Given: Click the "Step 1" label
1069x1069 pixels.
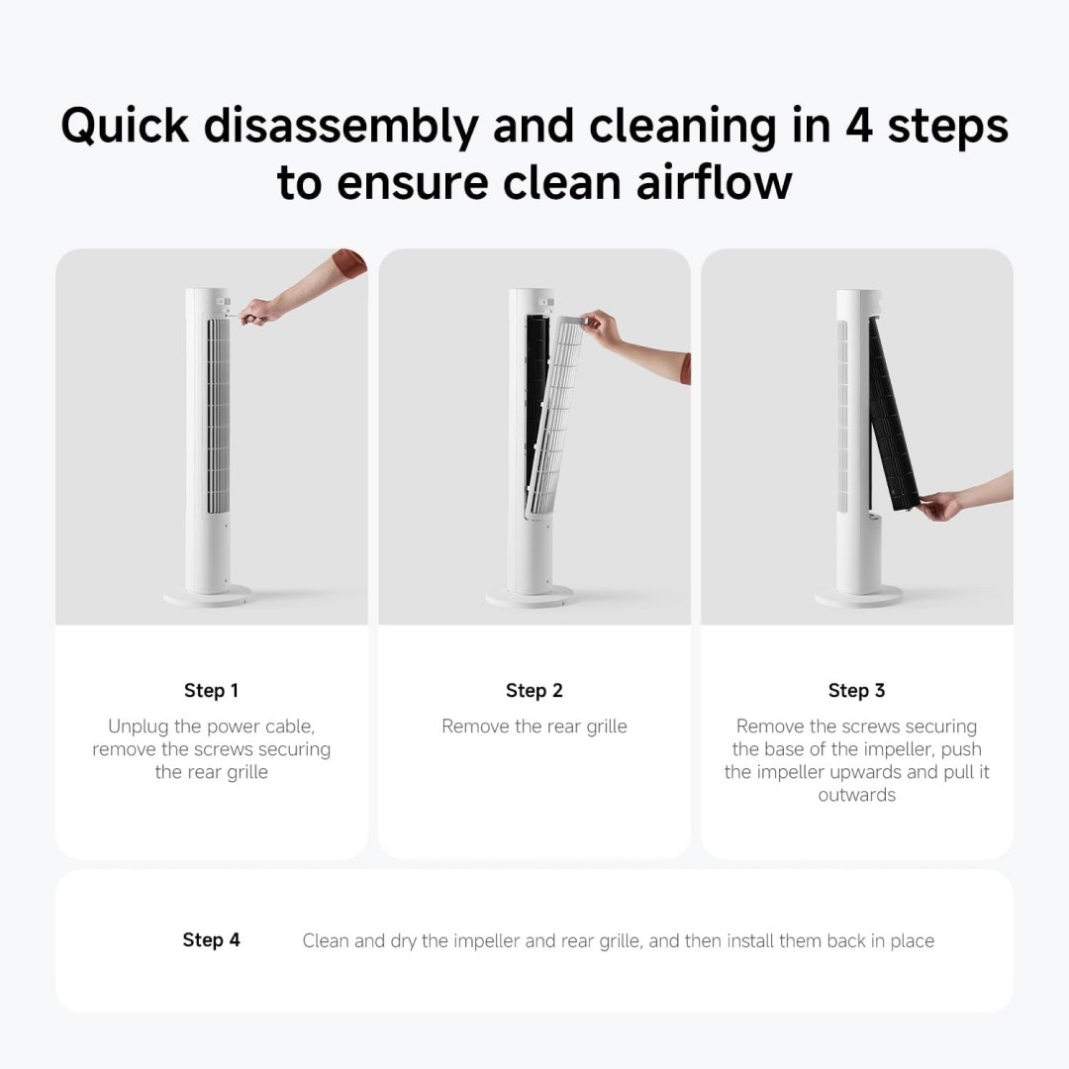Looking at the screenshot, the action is click(212, 691).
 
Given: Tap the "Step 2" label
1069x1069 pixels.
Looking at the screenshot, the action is click(534, 691).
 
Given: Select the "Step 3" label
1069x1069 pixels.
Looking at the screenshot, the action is click(857, 691).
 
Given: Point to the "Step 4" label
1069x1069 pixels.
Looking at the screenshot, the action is click(212, 940).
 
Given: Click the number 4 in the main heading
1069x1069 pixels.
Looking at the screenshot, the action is click(859, 126).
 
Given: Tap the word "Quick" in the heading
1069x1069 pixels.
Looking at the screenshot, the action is click(125, 126).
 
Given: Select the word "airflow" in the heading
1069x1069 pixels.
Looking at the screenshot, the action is click(714, 183).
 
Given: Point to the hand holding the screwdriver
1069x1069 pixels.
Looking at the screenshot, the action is click(257, 312).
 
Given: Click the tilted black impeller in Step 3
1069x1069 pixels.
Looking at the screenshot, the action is click(893, 416).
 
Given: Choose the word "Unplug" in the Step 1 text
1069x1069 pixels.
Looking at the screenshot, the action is click(139, 727).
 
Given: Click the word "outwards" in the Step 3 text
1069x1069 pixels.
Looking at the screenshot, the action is click(857, 795).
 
